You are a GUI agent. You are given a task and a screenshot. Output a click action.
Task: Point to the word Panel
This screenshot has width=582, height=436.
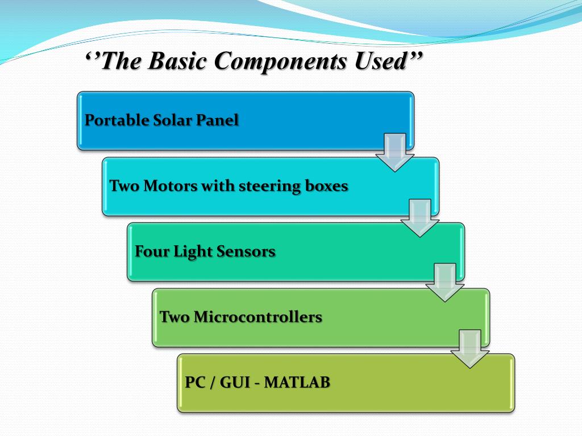coord(218,120)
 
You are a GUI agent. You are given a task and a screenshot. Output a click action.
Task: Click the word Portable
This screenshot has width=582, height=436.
coord(117,120)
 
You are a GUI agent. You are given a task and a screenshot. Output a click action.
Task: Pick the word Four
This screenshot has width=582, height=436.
coord(151,251)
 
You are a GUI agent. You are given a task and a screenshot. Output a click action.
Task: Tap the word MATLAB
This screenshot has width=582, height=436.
coord(297,382)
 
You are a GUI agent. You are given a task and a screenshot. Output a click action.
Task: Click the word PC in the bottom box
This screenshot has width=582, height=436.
coord(195,382)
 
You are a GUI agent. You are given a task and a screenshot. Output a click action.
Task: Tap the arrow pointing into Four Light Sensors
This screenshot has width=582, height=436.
coord(419,217)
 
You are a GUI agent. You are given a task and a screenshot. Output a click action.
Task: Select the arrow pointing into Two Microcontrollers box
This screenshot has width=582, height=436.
coord(444,282)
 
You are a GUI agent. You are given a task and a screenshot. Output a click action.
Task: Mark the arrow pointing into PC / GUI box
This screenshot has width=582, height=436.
coord(469,348)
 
